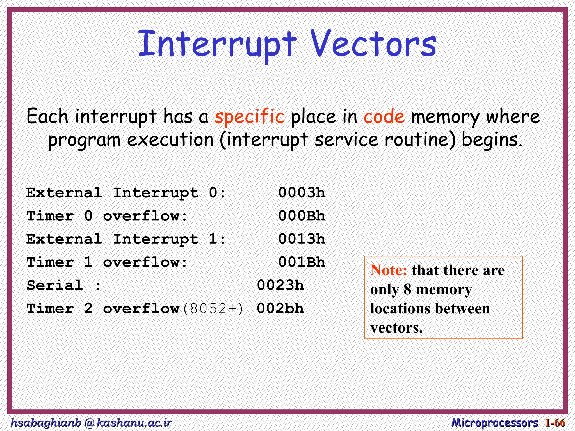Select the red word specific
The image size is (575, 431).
[249, 116]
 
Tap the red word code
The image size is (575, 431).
[384, 116]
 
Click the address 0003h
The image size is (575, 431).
[302, 193]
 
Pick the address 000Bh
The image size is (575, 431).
[302, 216]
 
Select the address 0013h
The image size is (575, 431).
[302, 239]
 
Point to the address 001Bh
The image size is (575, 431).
[302, 262]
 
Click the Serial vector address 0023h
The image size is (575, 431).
[280, 285]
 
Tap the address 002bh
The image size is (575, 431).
[280, 309]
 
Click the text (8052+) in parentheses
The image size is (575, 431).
[213, 309]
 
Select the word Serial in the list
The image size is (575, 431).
[55, 286]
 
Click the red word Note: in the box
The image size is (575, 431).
[388, 270]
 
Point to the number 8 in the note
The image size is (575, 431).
[407, 289]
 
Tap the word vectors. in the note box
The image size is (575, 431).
[396, 328]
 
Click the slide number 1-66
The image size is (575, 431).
[555, 423]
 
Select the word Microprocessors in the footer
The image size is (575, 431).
[494, 423]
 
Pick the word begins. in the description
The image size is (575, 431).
[492, 140]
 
